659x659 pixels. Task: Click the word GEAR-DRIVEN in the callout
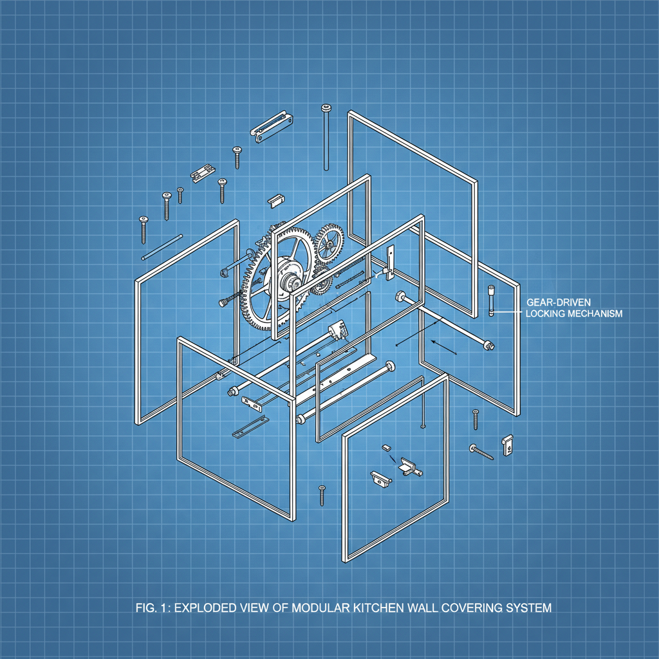[x=559, y=302]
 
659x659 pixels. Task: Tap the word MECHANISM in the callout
[x=595, y=313]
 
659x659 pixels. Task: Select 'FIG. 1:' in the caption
[x=153, y=608]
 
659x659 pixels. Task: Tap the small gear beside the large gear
[x=329, y=243]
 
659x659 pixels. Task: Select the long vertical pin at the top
[x=326, y=137]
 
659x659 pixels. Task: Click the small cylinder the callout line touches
[x=491, y=301]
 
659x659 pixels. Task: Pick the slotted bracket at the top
[x=272, y=126]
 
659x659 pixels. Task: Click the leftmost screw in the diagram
[x=144, y=230]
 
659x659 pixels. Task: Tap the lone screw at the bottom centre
[x=322, y=495]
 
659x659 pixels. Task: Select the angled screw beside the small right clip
[x=481, y=452]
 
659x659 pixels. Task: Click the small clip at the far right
[x=508, y=445]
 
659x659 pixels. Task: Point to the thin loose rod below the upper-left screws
[x=162, y=247]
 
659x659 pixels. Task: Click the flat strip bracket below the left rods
[x=250, y=427]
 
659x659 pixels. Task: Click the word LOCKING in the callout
[x=545, y=313]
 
